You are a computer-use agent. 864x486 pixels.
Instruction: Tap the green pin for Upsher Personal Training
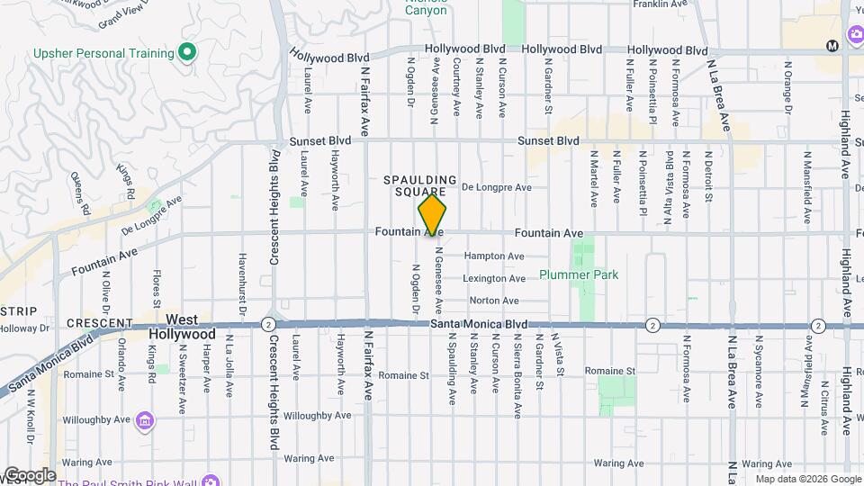(187, 53)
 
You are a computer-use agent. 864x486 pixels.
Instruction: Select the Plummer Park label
(579, 274)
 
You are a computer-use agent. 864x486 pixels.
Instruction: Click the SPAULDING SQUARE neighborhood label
(421, 186)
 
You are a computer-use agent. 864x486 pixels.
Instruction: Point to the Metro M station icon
(832, 46)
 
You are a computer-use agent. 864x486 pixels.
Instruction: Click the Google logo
(29, 475)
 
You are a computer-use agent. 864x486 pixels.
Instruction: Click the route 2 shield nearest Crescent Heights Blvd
(268, 324)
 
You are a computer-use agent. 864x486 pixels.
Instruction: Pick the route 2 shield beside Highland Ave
(818, 325)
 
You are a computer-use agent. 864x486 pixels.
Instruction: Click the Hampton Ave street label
(494, 256)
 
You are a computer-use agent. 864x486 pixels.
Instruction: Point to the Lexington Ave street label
(494, 279)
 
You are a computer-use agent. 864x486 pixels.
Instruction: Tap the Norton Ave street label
(494, 301)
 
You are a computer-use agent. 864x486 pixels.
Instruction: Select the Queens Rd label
(80, 192)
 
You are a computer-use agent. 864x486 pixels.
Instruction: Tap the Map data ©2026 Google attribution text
(806, 479)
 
